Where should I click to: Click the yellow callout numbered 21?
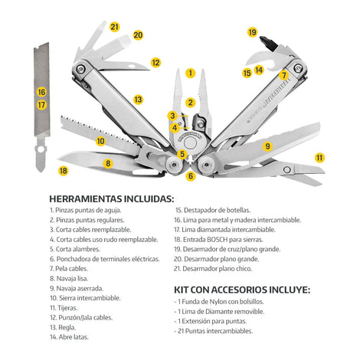(114, 27)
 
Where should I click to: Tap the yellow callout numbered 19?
(252, 32)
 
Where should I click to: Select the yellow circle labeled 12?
(155, 63)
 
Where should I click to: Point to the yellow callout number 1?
(190, 74)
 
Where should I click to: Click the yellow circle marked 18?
(63, 170)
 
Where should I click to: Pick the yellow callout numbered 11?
(319, 157)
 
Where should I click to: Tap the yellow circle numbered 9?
(268, 146)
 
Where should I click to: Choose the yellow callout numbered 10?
(100, 141)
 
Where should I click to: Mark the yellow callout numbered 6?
(191, 176)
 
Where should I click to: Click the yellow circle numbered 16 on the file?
(41, 92)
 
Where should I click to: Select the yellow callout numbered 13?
(138, 100)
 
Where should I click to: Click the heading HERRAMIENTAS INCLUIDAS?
(111, 199)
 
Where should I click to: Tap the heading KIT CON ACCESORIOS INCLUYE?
(242, 291)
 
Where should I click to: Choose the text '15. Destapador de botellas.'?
(221, 209)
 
